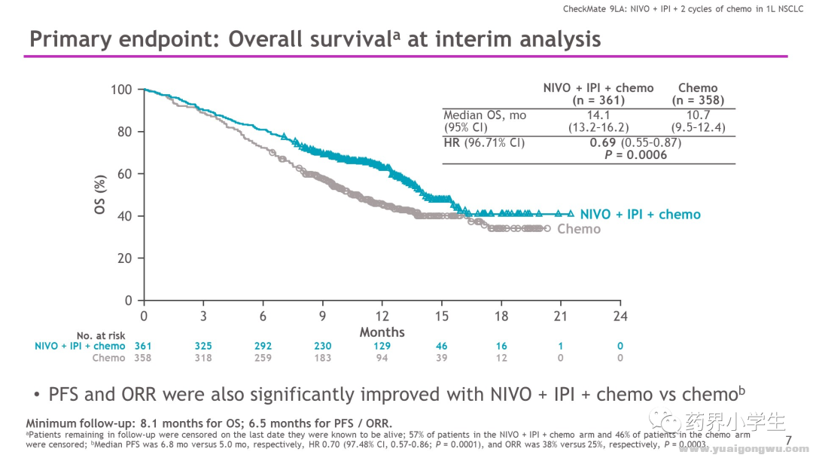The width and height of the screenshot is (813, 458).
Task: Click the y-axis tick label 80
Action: pos(122,132)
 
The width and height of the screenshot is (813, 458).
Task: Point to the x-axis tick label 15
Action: pos(441,316)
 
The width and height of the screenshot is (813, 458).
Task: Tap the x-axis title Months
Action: pos(382,332)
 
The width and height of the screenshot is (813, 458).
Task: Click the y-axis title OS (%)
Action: pos(100,195)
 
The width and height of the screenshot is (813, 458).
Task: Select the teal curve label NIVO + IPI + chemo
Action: pos(640,215)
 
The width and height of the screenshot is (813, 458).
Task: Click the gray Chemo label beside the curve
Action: pos(579,228)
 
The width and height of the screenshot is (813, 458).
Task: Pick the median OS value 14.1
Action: pos(598,115)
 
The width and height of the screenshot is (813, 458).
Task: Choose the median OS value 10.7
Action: pos(698,115)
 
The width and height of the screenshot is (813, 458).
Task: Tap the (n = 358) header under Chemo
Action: pos(698,100)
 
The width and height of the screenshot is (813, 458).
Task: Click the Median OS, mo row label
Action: pos(485,115)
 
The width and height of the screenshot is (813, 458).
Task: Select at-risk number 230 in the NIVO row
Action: pos(322,347)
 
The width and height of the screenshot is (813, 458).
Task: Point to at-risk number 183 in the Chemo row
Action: pos(322,359)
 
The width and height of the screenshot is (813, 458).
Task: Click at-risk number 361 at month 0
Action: pos(143,347)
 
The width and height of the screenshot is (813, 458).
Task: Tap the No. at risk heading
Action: pos(101,336)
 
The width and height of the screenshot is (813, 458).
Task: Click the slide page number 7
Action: pos(788,440)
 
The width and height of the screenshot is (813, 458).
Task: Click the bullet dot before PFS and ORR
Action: pos(37,395)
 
